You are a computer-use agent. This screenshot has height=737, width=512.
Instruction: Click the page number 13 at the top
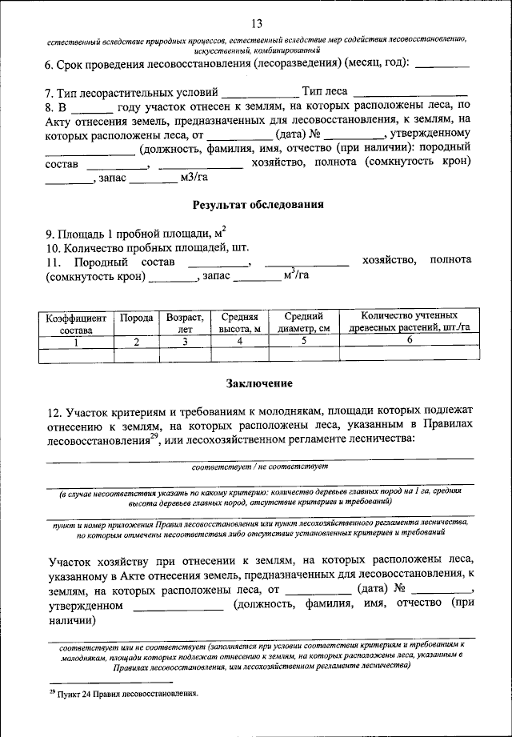[x=256, y=22]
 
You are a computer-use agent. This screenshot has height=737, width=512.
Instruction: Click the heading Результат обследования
[x=258, y=204]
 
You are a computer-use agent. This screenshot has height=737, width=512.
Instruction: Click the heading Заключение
[x=258, y=383]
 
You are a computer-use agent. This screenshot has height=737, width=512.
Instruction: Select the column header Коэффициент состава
[x=75, y=323]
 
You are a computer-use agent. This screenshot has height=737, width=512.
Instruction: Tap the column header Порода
[x=137, y=318]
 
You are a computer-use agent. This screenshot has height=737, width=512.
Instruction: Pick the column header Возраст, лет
[x=185, y=323]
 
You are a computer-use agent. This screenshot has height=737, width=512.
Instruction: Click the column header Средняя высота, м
[x=239, y=323]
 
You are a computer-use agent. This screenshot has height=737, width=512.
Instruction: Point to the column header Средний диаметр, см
[x=304, y=323]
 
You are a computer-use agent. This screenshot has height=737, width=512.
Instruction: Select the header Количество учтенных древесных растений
[x=410, y=323]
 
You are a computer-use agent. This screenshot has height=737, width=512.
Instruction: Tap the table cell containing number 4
[x=239, y=341]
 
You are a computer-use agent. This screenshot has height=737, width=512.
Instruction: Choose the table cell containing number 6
[x=410, y=341]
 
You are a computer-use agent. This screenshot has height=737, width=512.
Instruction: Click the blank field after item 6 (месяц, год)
[x=443, y=64]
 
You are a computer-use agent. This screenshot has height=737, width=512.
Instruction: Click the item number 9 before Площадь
[x=51, y=234]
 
